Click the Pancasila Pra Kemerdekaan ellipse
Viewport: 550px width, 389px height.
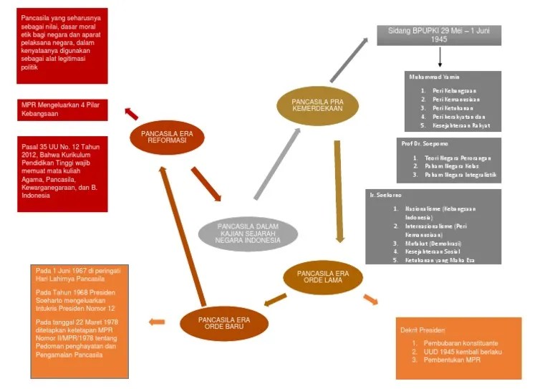tap(317, 106)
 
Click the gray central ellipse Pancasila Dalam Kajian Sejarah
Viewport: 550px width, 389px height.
tap(248, 234)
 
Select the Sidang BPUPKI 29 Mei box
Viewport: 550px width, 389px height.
tap(439, 35)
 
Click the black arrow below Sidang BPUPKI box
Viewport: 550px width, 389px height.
tap(440, 57)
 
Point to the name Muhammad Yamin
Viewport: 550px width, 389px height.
tap(434, 77)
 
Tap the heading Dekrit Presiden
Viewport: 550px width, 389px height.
tap(423, 331)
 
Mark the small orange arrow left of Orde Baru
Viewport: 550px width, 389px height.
tap(156, 322)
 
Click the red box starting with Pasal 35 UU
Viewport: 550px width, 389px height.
tap(62, 173)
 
